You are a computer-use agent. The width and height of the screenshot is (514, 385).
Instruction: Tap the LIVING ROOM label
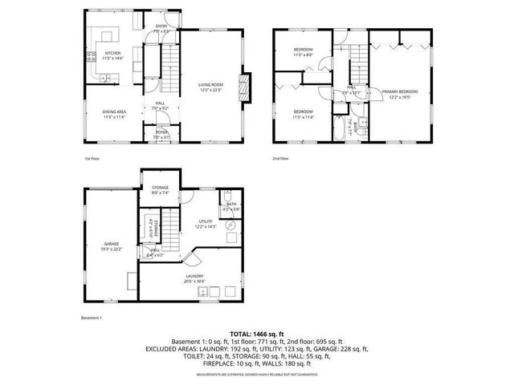[211, 87]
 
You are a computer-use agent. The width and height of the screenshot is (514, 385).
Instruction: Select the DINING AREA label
[113, 114]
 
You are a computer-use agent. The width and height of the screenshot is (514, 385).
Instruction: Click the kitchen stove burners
[89, 57]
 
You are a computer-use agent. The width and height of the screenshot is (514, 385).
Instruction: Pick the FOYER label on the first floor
[161, 134]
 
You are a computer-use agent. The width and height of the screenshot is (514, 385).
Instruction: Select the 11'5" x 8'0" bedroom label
[302, 52]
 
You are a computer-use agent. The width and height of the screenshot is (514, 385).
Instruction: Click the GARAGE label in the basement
[111, 245]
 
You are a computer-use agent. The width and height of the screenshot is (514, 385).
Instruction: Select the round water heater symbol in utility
[230, 225]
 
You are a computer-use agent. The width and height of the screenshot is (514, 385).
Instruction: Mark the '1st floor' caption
[92, 158]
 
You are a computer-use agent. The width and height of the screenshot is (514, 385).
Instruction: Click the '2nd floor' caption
[281, 158]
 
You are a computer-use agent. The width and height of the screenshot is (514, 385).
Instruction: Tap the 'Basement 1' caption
[92, 318]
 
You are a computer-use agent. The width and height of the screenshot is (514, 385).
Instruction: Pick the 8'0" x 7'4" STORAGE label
[160, 190]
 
